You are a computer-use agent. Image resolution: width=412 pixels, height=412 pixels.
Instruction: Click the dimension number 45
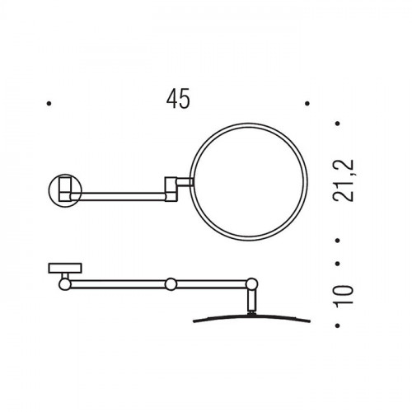coord(178,98)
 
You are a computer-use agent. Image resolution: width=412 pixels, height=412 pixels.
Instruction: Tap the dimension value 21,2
coord(343,180)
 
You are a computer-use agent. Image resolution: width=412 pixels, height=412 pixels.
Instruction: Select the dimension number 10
coord(343,295)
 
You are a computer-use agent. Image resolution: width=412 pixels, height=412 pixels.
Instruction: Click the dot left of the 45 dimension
coord(49,104)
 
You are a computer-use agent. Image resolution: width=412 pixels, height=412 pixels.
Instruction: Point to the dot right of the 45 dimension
coord(307,104)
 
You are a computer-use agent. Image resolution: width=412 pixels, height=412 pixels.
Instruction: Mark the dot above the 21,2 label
coord(338,124)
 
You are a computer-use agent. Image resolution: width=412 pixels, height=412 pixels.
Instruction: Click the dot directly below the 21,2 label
coord(338,241)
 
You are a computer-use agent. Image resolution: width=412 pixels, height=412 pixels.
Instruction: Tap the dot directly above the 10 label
coord(338,264)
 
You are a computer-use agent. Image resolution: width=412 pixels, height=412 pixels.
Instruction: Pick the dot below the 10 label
coord(338,325)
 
